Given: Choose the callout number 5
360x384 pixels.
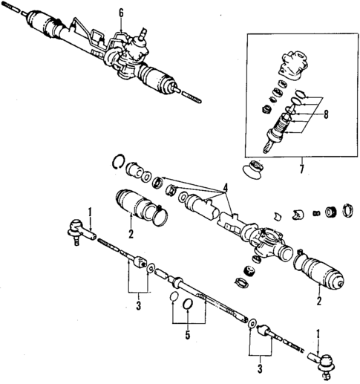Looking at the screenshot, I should click(x=186, y=335).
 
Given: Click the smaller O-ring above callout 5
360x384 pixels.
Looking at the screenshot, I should click(x=172, y=298).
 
